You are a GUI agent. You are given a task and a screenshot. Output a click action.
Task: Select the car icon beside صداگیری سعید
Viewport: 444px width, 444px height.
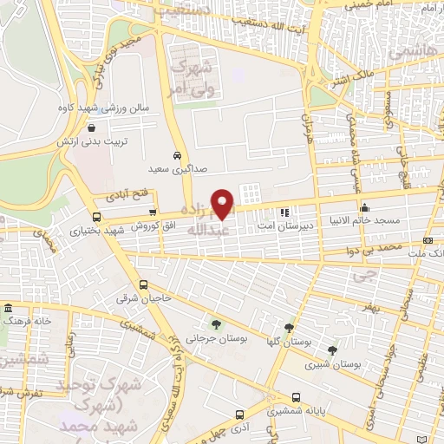[178, 154]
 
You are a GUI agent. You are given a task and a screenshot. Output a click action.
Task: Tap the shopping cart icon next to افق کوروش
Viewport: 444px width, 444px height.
[153, 212]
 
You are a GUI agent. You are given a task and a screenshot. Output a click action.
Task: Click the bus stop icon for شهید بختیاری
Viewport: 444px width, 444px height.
[95, 217]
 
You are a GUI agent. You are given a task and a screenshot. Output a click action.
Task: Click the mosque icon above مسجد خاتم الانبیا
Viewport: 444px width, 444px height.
[365, 206]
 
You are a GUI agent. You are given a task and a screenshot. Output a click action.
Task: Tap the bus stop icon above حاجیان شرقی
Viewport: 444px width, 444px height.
[144, 284]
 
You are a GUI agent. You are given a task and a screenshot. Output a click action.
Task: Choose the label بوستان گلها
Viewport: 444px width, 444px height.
[291, 342]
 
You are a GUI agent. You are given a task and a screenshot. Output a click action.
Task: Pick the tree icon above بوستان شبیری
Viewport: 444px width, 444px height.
[333, 350]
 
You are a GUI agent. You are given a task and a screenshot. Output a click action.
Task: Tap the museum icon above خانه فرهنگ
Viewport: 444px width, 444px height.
[8, 308]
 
